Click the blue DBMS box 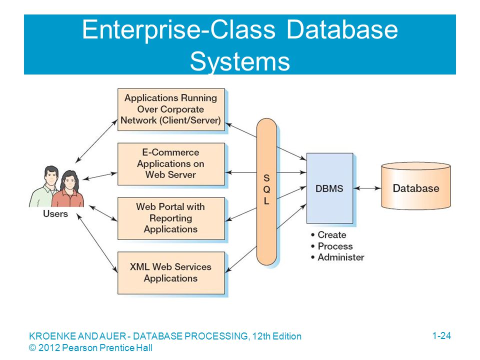point(329,188)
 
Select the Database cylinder point(415,186)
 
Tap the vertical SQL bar point(266,191)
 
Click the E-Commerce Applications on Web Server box point(171,164)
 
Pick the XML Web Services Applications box point(171,273)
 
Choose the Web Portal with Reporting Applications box point(171,218)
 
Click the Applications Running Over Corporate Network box point(171,109)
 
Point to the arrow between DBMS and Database point(367,188)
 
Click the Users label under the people point(55,213)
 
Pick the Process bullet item point(331,246)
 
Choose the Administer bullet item point(337,257)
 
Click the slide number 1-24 point(441,335)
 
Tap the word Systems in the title point(240,61)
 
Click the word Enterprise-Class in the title point(179,29)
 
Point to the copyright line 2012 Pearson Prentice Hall point(90,348)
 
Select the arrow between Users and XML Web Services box point(97,243)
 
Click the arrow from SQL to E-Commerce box point(240,172)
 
